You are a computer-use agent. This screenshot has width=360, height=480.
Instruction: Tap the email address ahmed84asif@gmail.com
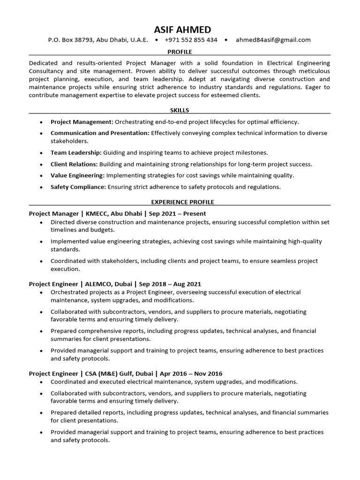(x=273, y=40)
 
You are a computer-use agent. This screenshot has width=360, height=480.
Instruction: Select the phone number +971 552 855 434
(x=191, y=40)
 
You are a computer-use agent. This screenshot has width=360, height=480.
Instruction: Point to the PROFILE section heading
(x=180, y=52)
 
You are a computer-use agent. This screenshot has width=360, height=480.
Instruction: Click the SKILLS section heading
(x=180, y=110)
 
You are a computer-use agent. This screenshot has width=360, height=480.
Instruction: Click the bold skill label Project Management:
(x=82, y=122)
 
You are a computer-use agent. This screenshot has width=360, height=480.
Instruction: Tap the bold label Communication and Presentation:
(x=100, y=133)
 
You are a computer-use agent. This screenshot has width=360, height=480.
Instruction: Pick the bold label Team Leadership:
(x=76, y=153)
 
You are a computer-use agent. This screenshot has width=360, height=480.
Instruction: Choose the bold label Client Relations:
(x=74, y=164)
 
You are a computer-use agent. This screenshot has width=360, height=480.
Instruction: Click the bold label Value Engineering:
(x=77, y=175)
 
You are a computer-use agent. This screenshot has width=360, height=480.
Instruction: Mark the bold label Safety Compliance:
(x=78, y=187)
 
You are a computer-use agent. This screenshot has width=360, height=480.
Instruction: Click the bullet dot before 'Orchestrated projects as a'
(x=41, y=292)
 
